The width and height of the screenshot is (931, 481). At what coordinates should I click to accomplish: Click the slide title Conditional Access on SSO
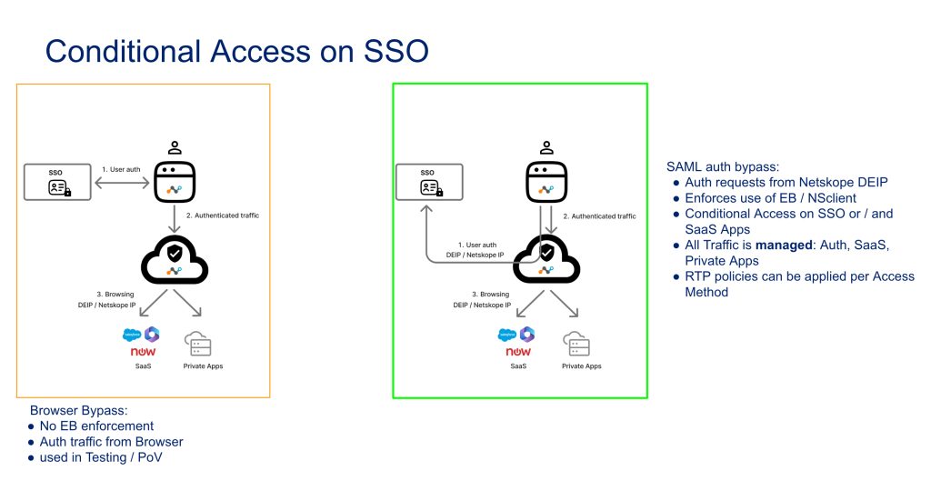[237, 51]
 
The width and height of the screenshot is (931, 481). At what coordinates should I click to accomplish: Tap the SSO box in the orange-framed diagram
[57, 182]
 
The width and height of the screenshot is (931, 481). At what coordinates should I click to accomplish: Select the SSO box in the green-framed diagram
[429, 182]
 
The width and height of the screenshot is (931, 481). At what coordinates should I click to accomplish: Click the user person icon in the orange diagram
[175, 147]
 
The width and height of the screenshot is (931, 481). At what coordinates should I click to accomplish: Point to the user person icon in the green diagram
[546, 147]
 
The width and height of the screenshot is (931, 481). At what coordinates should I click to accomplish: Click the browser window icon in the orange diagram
[175, 182]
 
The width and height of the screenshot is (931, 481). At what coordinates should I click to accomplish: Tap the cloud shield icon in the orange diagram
[175, 260]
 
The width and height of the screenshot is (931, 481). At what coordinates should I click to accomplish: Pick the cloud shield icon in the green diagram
[546, 260]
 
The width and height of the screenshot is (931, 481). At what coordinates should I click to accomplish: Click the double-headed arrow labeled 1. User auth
[123, 184]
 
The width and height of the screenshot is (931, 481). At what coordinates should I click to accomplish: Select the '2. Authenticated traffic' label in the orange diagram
[223, 215]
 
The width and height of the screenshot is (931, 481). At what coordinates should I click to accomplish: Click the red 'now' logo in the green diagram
[517, 352]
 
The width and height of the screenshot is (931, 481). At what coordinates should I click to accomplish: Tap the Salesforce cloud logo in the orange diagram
[132, 335]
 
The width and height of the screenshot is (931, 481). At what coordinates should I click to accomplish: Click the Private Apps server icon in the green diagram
[576, 344]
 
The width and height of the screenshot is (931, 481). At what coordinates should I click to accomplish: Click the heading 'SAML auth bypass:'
[723, 167]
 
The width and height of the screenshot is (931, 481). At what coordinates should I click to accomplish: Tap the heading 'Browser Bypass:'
[79, 410]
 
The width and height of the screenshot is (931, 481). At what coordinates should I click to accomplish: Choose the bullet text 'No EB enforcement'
[96, 426]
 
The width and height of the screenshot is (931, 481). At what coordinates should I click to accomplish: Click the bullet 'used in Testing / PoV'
[101, 457]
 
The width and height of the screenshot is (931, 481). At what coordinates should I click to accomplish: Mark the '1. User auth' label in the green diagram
[476, 245]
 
